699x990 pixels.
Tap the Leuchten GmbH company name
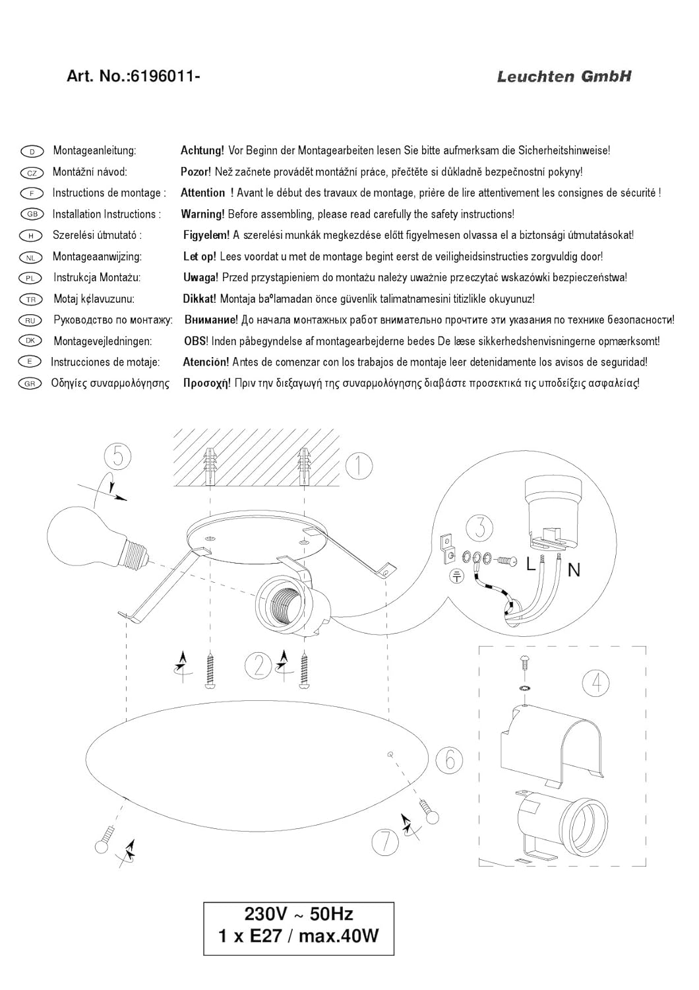(x=564, y=77)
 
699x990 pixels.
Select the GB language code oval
(x=32, y=214)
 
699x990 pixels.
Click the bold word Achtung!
(x=202, y=151)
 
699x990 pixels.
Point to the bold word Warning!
(x=202, y=214)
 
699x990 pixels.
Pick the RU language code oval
(x=32, y=320)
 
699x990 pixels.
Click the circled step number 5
(x=118, y=456)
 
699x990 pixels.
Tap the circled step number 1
(x=359, y=465)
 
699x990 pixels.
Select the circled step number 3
(x=479, y=529)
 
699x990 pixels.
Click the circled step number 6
(x=449, y=760)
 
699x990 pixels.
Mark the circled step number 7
(x=386, y=841)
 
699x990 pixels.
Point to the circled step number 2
(x=257, y=665)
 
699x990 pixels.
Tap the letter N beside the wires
(x=574, y=570)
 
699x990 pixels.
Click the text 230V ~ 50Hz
(x=298, y=914)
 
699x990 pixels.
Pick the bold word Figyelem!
(x=206, y=236)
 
